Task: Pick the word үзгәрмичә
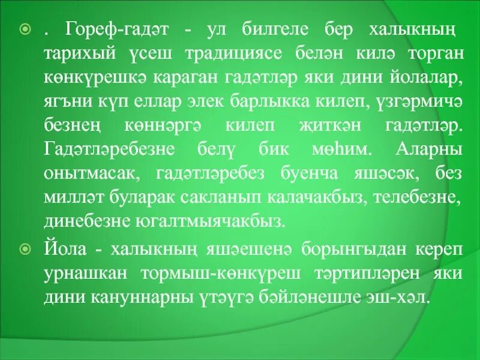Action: click(x=415, y=102)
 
